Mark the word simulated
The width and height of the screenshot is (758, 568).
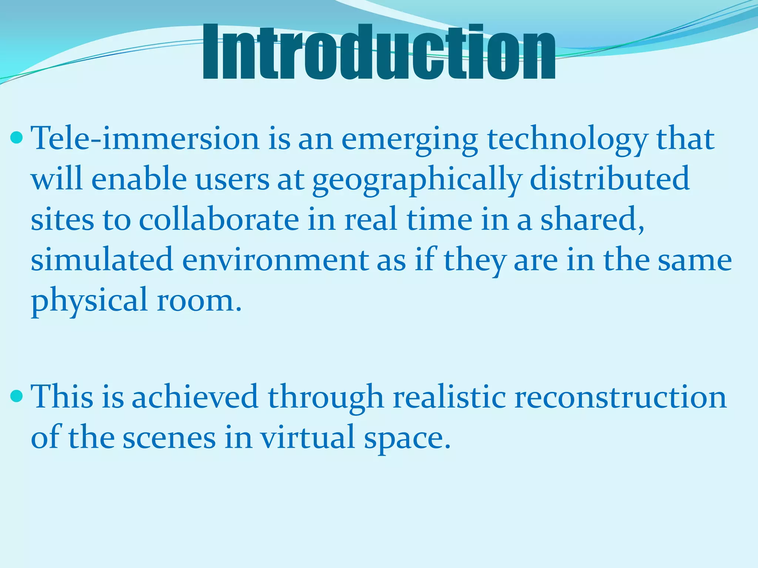(102, 260)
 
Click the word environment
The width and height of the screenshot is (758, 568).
(275, 260)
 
